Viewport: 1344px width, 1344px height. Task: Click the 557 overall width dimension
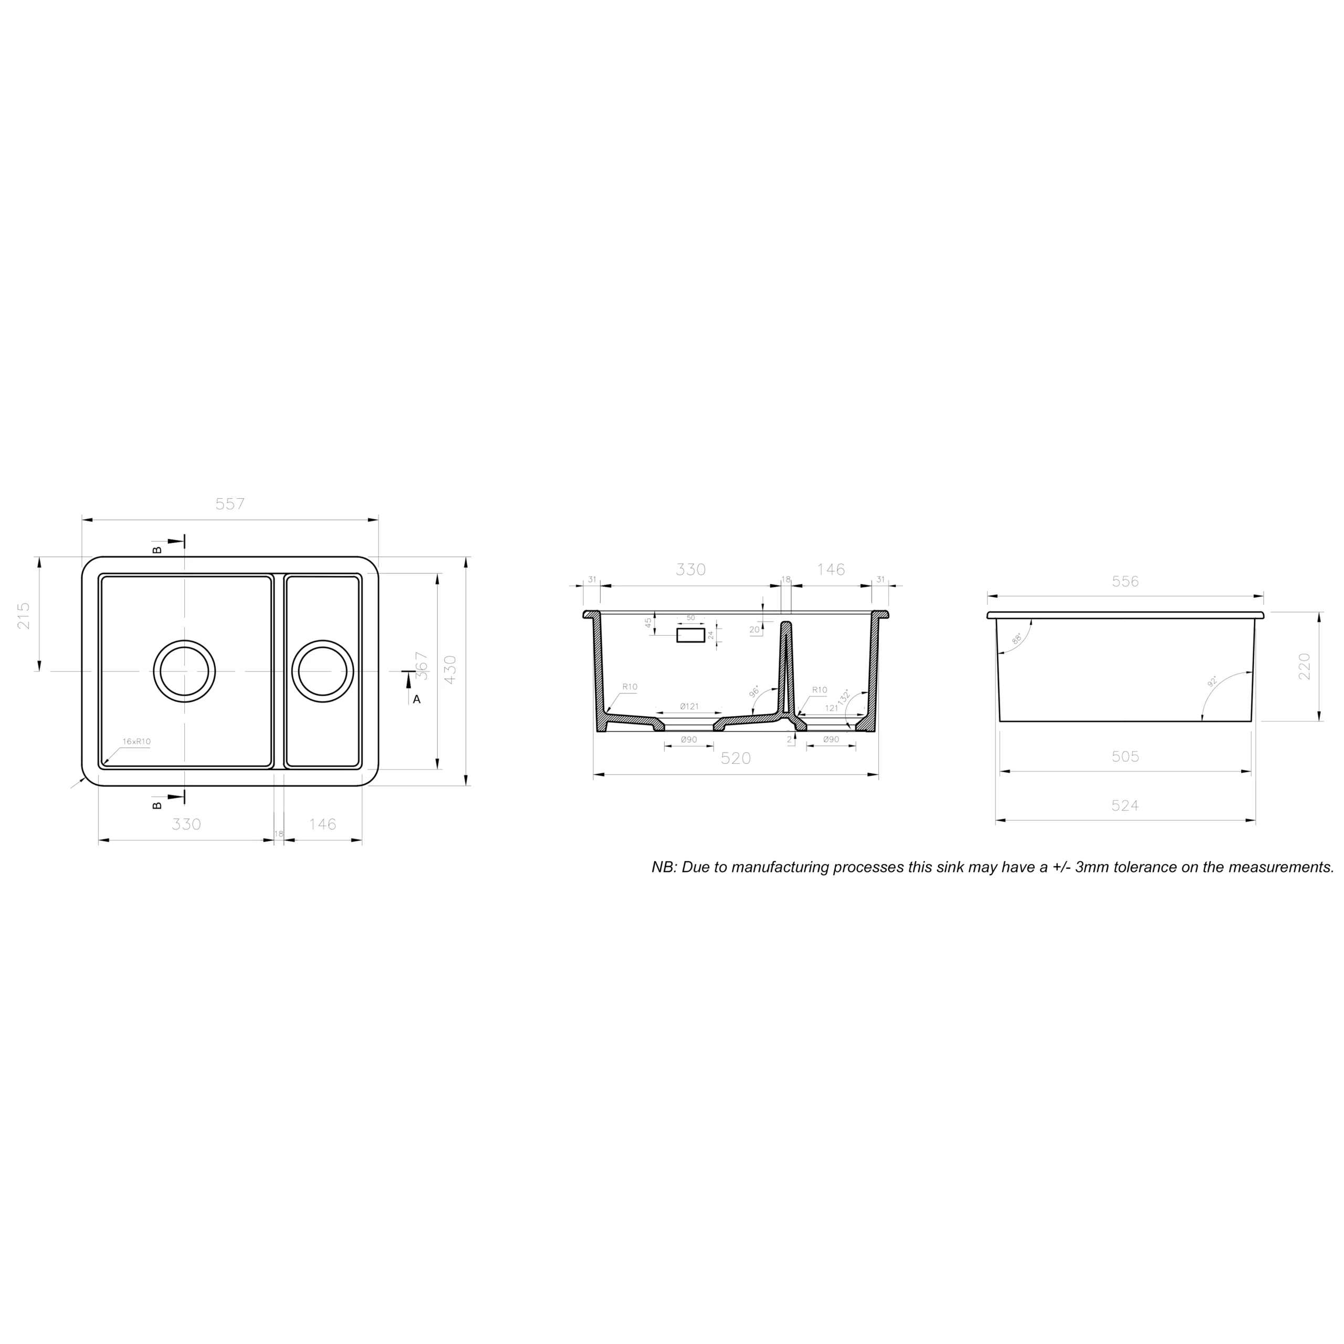(230, 503)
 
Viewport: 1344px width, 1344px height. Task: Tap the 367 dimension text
(421, 665)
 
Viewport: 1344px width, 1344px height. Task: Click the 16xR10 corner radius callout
(136, 742)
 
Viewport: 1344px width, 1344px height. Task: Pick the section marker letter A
(417, 699)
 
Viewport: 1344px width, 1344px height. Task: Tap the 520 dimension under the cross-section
(736, 758)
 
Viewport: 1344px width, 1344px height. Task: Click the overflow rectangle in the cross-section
(691, 634)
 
